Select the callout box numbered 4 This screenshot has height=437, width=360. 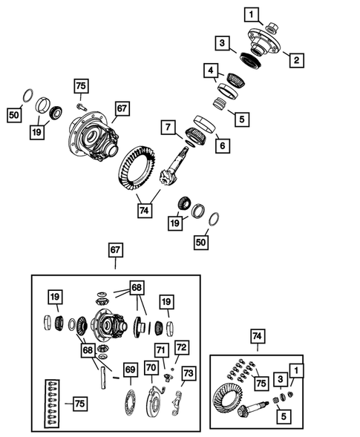pos(212,71)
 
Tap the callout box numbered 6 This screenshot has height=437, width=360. pos(220,146)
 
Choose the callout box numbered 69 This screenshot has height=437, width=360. pos(130,369)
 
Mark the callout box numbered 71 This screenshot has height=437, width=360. pos(160,349)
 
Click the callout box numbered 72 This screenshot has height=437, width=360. pos(181,346)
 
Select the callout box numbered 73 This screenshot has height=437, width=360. pos(188,372)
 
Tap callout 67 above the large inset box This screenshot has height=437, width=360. pos(115,252)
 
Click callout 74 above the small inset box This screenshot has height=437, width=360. pos(256,337)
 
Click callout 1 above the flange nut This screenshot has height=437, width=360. pos(252,13)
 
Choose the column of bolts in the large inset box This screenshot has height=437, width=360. pos(53,404)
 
